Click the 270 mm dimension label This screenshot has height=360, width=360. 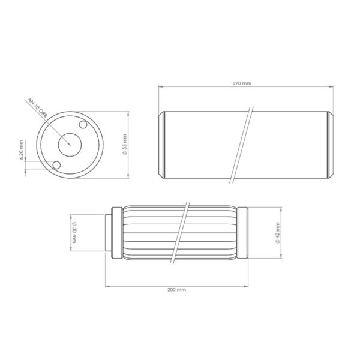[x=242, y=83]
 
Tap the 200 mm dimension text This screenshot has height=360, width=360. [x=176, y=290]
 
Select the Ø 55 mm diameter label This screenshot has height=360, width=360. [x=125, y=145]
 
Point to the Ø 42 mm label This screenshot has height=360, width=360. [x=278, y=233]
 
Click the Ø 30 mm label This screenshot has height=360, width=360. [x=74, y=232]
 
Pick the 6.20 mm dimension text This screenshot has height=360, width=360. [x=22, y=150]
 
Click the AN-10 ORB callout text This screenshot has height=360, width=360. [x=37, y=107]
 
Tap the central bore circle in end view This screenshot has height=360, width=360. [x=70, y=145]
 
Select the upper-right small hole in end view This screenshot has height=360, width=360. [x=83, y=125]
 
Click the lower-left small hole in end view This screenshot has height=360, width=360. [x=56, y=165]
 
